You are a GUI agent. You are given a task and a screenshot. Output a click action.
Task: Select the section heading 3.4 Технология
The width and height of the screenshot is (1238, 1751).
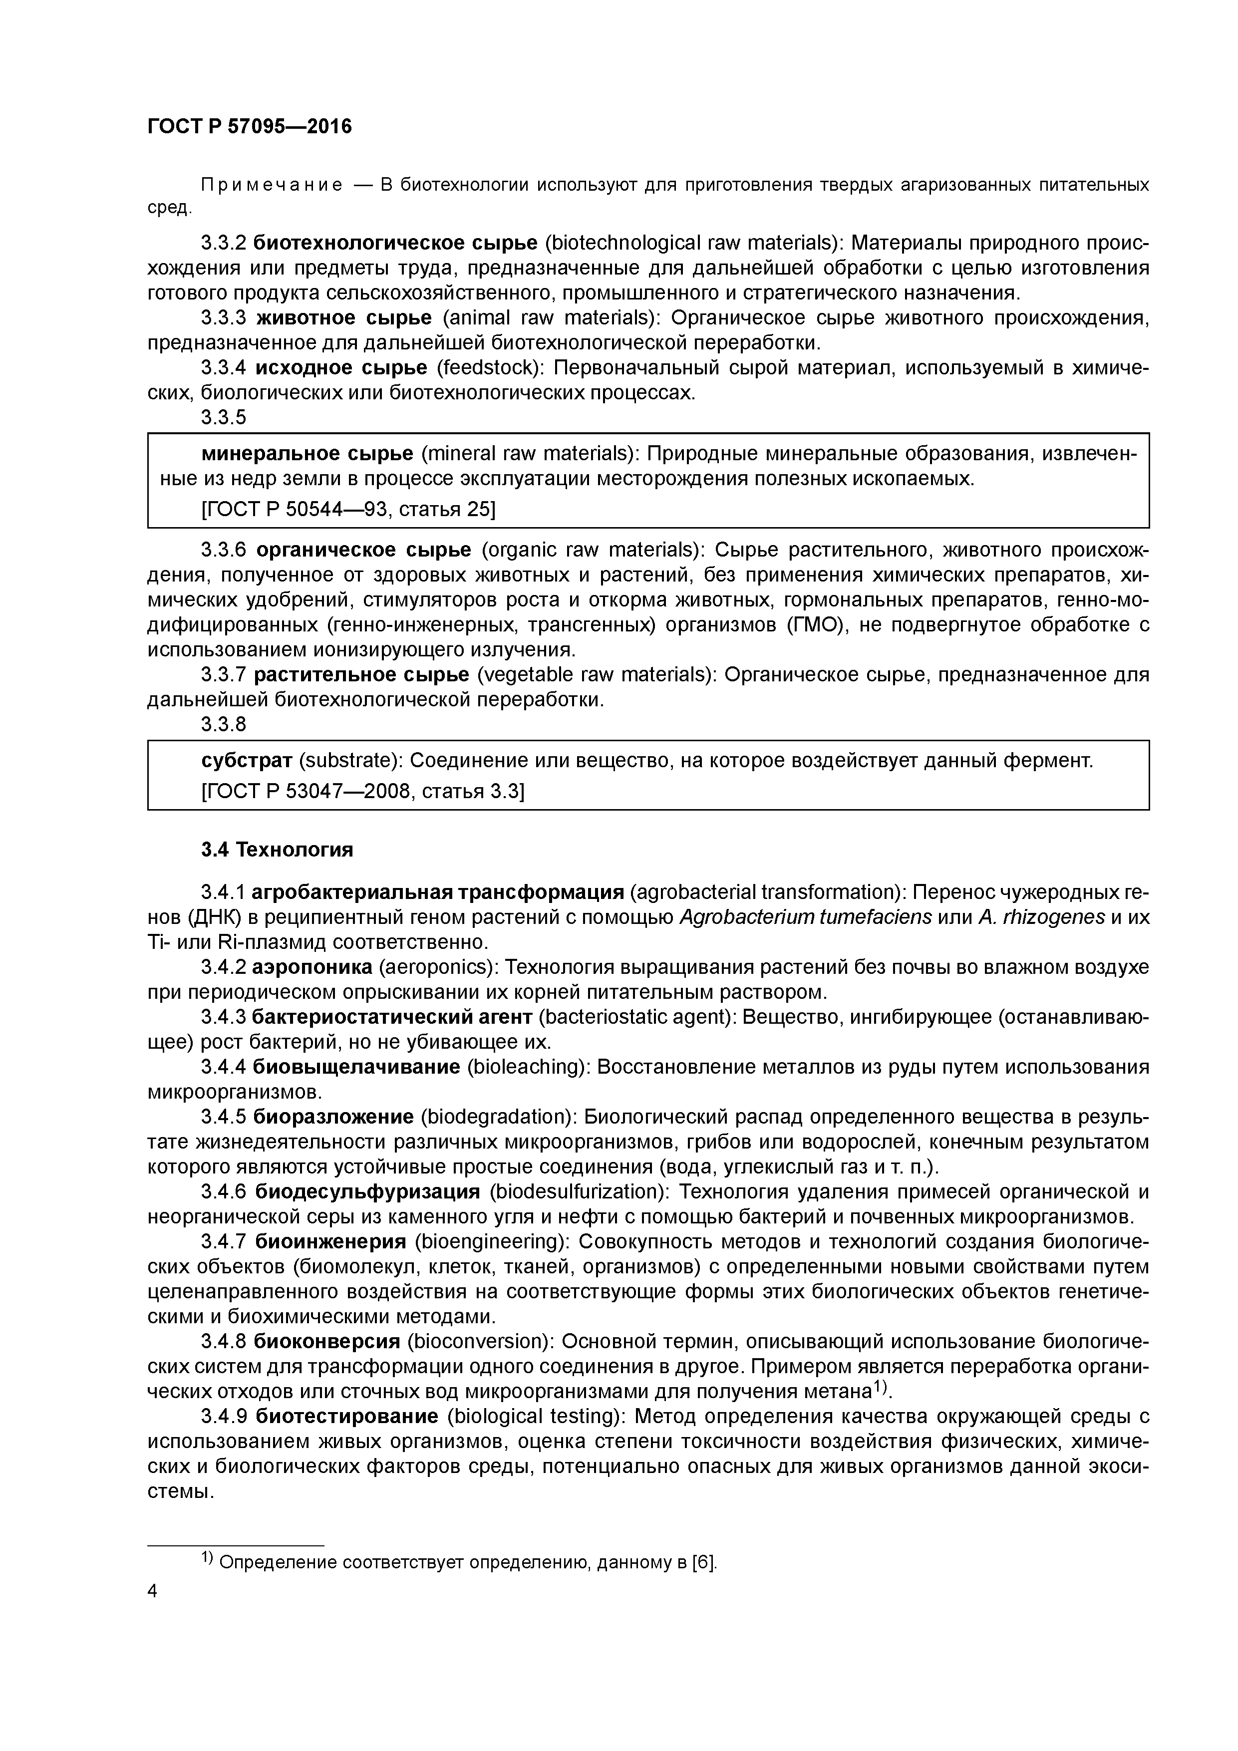(x=277, y=850)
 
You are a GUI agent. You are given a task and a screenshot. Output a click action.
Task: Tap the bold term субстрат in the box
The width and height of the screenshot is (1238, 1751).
(x=247, y=760)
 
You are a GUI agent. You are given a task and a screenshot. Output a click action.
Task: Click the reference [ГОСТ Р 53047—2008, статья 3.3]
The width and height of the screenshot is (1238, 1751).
(x=362, y=792)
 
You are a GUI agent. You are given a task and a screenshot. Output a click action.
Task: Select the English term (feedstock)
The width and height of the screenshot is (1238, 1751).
(x=489, y=367)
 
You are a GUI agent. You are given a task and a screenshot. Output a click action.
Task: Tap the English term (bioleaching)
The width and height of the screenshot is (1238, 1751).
(x=529, y=1067)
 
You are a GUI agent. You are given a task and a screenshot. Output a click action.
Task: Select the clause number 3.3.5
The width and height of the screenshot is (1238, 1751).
(x=224, y=417)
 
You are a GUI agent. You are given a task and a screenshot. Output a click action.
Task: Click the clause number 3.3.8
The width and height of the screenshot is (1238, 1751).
(x=224, y=724)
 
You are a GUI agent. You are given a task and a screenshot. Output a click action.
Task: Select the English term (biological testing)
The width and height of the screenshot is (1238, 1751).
(x=538, y=1416)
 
